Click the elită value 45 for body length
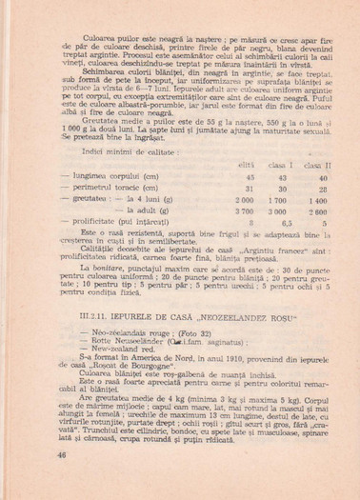pos(250,178)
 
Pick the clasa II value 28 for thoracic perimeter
pos(323,190)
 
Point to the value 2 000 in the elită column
pos(245,202)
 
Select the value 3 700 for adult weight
pos(245,213)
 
